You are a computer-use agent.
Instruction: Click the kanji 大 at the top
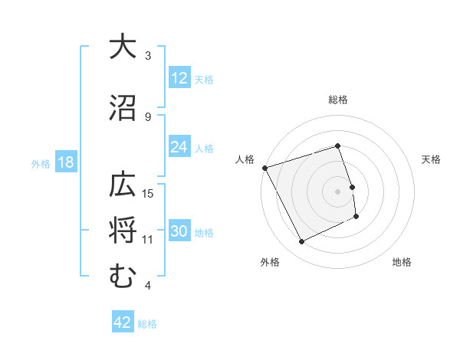(x=122, y=47)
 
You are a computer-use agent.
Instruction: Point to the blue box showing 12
(x=179, y=78)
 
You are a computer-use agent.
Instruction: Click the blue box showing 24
(x=179, y=147)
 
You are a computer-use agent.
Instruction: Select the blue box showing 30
(x=179, y=231)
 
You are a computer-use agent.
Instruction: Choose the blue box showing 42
(x=123, y=322)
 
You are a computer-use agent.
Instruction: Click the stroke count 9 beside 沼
(x=148, y=116)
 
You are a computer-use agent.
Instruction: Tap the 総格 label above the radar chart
(x=338, y=100)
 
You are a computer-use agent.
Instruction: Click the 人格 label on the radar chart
(x=245, y=159)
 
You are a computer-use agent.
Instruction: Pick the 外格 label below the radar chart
(x=270, y=262)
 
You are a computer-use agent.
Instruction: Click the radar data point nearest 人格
(x=264, y=168)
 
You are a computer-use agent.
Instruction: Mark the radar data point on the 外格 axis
(x=301, y=242)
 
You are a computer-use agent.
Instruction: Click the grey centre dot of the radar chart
(x=338, y=191)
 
